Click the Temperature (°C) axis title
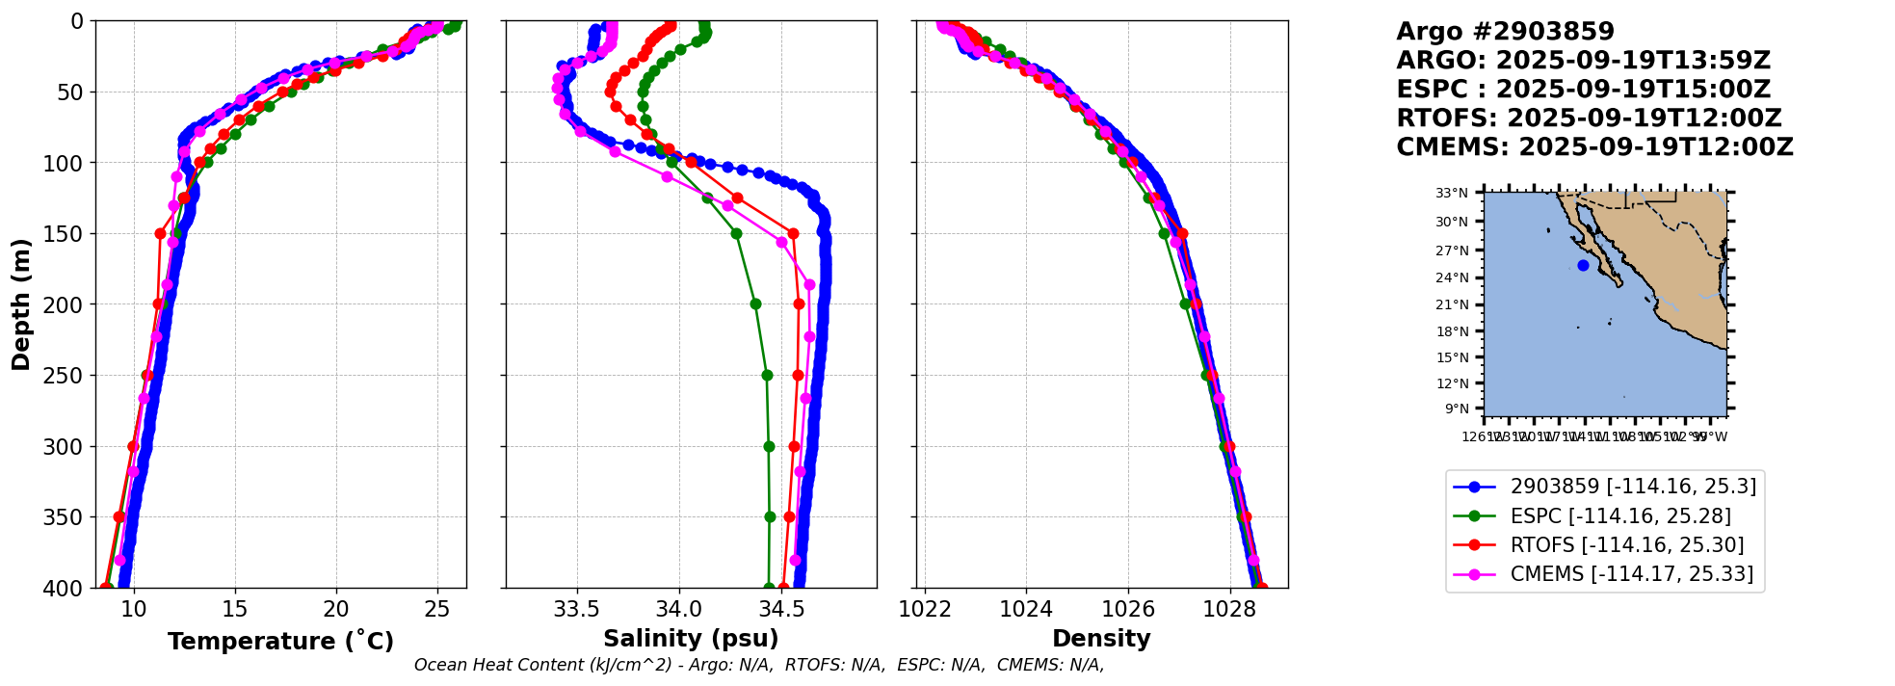click(x=280, y=642)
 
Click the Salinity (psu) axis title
click(x=691, y=639)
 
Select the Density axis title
click(x=1101, y=639)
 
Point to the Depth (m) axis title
click(x=21, y=304)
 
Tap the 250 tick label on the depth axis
click(x=67, y=376)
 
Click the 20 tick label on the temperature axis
click(x=336, y=609)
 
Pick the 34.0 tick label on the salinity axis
click(x=678, y=609)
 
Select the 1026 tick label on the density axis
click(x=1127, y=609)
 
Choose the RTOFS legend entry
click(x=1627, y=545)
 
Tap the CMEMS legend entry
click(x=1631, y=574)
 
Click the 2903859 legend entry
click(x=1633, y=487)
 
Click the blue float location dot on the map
click(x=1583, y=265)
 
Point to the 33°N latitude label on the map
click(x=1452, y=194)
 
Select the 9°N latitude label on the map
click(x=1456, y=409)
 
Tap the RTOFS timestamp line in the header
click(x=1589, y=119)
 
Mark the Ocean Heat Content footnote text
click(x=758, y=665)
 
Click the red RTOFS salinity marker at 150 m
click(x=793, y=233)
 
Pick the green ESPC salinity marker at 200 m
click(x=755, y=303)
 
